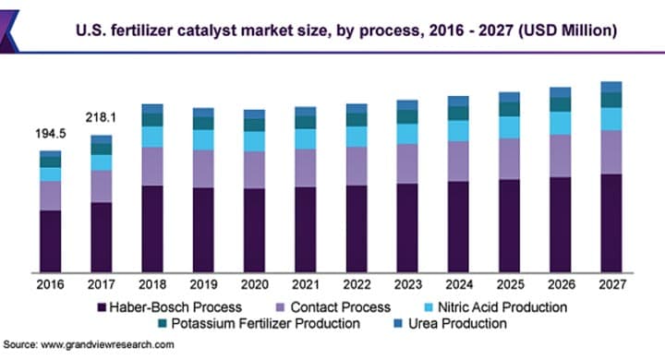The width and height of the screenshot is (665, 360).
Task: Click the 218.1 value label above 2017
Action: (x=101, y=118)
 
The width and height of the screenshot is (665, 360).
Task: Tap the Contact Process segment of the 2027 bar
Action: (x=611, y=152)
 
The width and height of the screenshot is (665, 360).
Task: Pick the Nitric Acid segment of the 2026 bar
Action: (x=561, y=124)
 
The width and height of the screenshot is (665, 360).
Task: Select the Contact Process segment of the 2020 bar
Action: (x=254, y=170)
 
